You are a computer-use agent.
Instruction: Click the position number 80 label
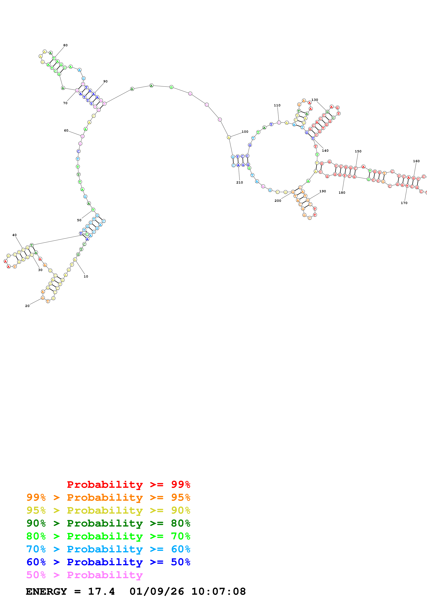coord(65,45)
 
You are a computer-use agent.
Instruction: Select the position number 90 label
coord(105,81)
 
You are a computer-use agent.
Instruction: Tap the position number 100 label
coord(245,132)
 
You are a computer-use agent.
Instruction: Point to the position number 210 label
coord(239,182)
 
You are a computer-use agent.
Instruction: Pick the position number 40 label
coord(14,235)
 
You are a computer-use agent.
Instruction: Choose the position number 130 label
coord(315,100)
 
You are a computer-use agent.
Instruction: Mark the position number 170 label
coord(404,203)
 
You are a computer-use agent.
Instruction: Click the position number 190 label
coord(323,191)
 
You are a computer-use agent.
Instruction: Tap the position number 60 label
coord(66,131)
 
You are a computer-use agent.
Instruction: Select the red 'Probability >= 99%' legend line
coord(128,484)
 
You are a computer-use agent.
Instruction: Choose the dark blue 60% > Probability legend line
coord(108,562)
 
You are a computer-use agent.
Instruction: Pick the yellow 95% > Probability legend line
coord(108,510)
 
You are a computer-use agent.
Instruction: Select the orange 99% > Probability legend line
coord(108,497)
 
